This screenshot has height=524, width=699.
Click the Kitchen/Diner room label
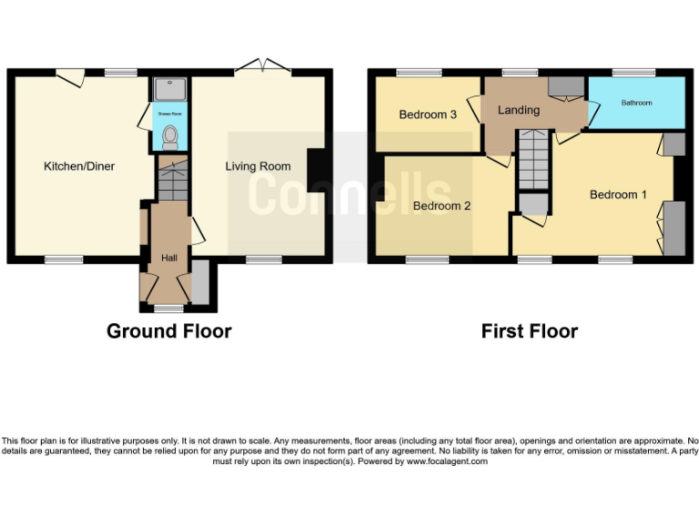(x=79, y=166)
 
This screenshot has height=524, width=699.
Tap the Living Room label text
(x=258, y=166)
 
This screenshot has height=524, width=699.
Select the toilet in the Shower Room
(x=168, y=137)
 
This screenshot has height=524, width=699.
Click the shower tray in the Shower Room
(x=168, y=89)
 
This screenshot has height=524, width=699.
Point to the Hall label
(x=169, y=258)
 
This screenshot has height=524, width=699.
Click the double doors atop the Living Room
(x=262, y=66)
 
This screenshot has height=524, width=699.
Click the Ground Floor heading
(x=168, y=331)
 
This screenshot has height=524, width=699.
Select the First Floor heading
(x=529, y=331)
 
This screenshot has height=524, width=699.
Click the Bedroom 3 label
(x=428, y=115)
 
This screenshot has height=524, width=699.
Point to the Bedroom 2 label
(x=441, y=206)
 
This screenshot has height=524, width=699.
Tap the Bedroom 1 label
(x=619, y=195)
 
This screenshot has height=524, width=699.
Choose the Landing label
(x=519, y=110)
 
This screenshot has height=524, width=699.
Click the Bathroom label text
(x=636, y=103)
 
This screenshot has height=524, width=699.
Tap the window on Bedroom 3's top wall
(x=418, y=72)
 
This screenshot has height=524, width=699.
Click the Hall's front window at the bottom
(x=168, y=308)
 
